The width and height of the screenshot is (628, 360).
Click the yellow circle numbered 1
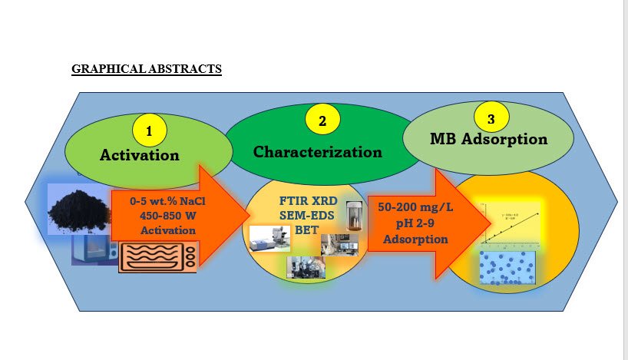click(x=149, y=131)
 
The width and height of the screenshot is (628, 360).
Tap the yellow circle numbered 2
click(x=322, y=120)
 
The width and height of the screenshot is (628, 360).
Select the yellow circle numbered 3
click(x=490, y=118)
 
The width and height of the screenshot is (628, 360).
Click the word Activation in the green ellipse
click(x=139, y=155)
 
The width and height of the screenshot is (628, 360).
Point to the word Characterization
click(x=317, y=151)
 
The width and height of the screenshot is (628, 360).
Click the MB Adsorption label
click(x=488, y=140)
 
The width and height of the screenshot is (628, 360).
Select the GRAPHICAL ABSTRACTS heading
click(x=147, y=69)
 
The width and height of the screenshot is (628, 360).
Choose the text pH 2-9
click(x=404, y=223)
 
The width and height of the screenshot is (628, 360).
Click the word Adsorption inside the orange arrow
click(x=404, y=238)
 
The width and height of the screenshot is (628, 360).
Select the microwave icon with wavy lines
click(x=157, y=256)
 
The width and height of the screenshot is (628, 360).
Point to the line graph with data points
click(x=510, y=223)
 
